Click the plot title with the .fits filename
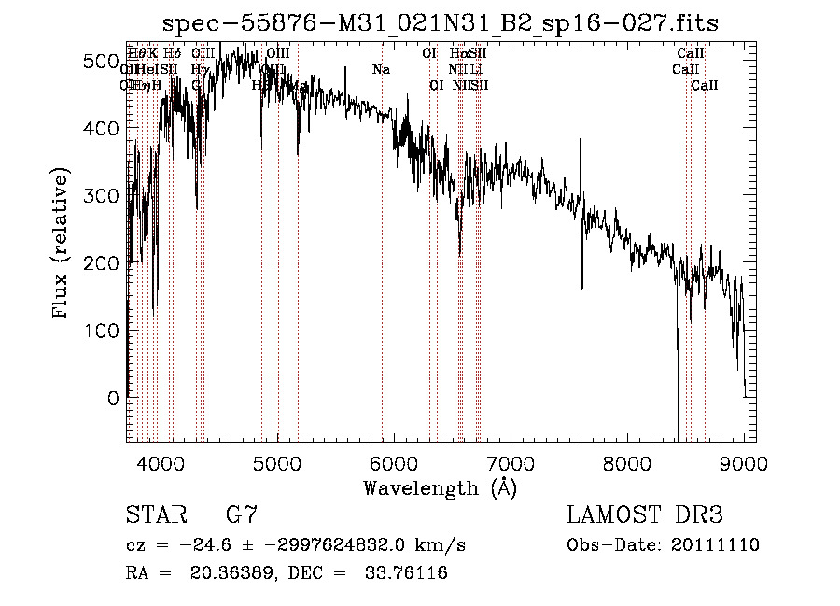coord(440,22)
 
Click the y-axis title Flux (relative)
coord(62,244)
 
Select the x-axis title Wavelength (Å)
coord(440,487)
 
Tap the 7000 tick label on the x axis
coord(511,461)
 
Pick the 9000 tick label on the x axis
coord(744,461)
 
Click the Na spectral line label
coord(381,69)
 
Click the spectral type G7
coord(241,515)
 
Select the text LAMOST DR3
coord(644,515)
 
